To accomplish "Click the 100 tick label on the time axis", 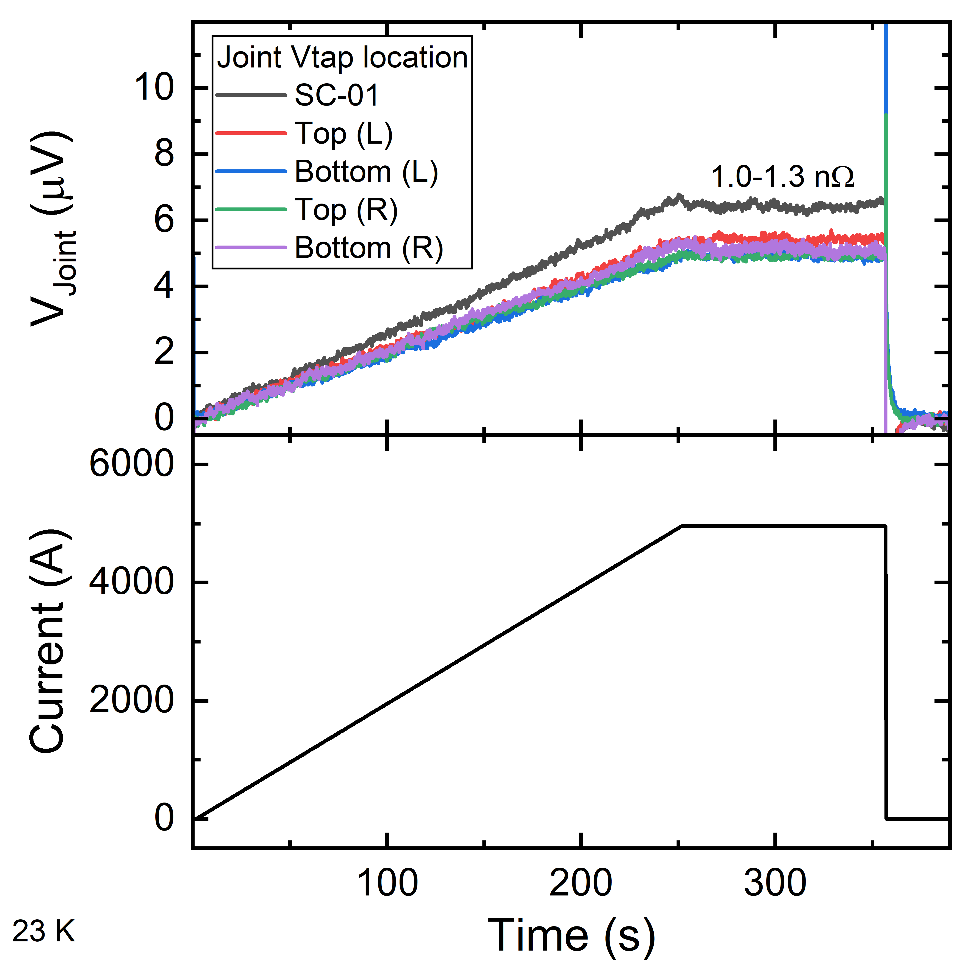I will pos(387,883).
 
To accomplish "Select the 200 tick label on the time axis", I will pos(581,883).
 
